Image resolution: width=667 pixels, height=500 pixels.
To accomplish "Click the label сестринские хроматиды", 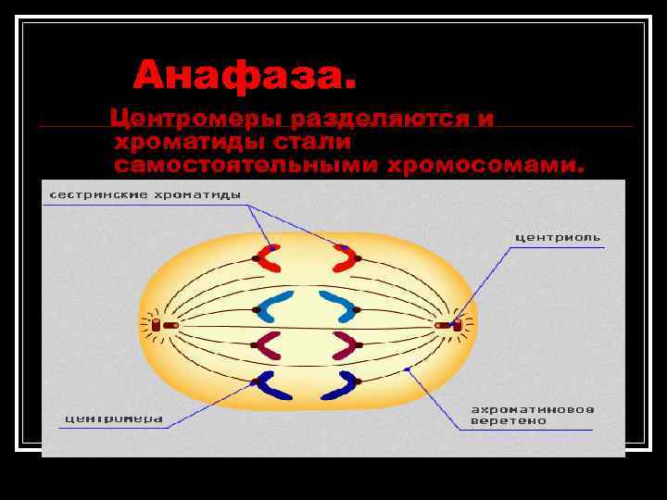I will (145, 195).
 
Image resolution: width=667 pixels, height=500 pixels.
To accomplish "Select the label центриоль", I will (557, 237).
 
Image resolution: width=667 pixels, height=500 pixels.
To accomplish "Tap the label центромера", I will (113, 419).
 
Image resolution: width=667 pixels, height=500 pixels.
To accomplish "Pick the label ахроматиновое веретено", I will (533, 414).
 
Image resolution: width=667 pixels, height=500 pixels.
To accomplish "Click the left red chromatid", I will (269, 258).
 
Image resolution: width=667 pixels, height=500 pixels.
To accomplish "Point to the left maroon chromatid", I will (271, 344).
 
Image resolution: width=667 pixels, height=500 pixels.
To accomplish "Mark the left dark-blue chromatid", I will (271, 386).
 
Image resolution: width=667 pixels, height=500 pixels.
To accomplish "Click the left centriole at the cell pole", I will (157, 325).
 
